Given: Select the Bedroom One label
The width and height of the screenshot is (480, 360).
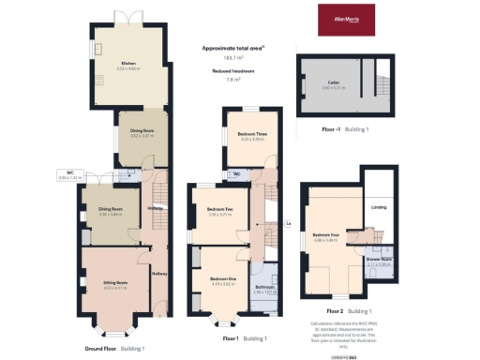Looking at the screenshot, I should [x=223, y=279].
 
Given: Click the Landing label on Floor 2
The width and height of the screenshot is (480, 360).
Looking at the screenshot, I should [x=379, y=207].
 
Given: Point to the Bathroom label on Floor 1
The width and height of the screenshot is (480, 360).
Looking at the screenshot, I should [x=265, y=288].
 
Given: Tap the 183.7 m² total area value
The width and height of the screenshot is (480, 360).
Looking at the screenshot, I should [x=221, y=58].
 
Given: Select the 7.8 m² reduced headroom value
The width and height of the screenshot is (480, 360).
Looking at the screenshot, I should [x=221, y=80].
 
